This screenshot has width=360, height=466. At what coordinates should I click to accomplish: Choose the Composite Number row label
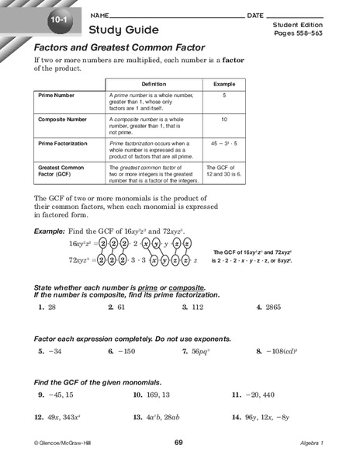click(64, 120)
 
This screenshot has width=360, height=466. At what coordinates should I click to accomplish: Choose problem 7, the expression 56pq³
click(204, 351)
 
